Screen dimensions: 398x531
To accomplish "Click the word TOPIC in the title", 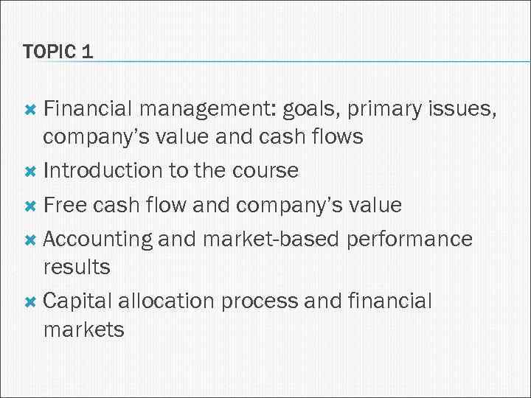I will point(49,52).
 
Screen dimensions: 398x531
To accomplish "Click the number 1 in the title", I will point(87,52).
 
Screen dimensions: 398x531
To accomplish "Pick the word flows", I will point(336,136).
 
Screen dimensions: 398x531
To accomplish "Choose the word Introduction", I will point(103,170).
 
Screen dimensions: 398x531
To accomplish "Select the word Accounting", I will point(98,238).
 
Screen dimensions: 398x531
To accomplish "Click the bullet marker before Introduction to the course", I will point(30,171).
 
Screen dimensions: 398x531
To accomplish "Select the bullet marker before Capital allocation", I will point(30,301).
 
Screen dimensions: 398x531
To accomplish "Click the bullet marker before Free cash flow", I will point(30,205).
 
